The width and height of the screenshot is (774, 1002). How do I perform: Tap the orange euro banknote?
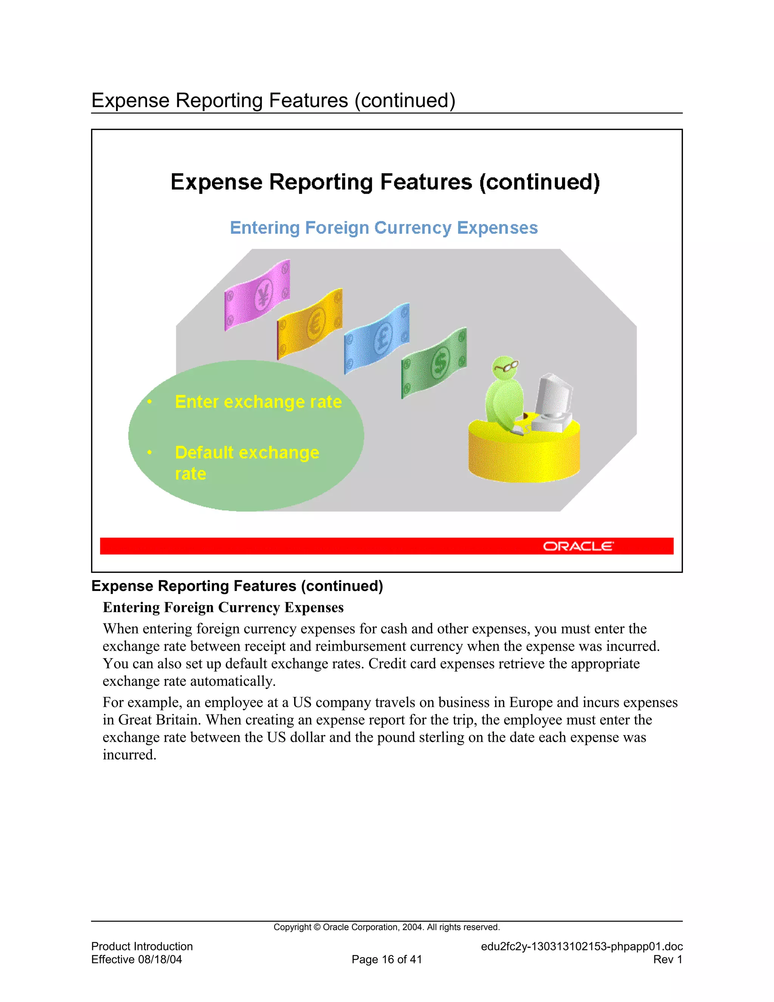tap(310, 324)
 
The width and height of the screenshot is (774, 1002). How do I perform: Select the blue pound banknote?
tap(376, 338)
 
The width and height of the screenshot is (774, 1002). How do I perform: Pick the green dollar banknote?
tap(434, 363)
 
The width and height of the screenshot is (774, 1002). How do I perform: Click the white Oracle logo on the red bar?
tap(578, 546)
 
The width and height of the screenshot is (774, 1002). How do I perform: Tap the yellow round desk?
tap(524, 454)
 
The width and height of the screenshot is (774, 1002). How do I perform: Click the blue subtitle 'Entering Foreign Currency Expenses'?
tap(384, 228)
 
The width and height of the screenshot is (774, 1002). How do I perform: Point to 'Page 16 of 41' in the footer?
tap(387, 959)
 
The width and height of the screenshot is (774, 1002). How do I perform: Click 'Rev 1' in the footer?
tap(668, 959)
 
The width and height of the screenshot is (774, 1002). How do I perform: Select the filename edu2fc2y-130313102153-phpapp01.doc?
tap(581, 946)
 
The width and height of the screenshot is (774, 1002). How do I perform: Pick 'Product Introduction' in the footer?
tap(142, 946)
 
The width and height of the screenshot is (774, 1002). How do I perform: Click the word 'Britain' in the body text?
tap(178, 720)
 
